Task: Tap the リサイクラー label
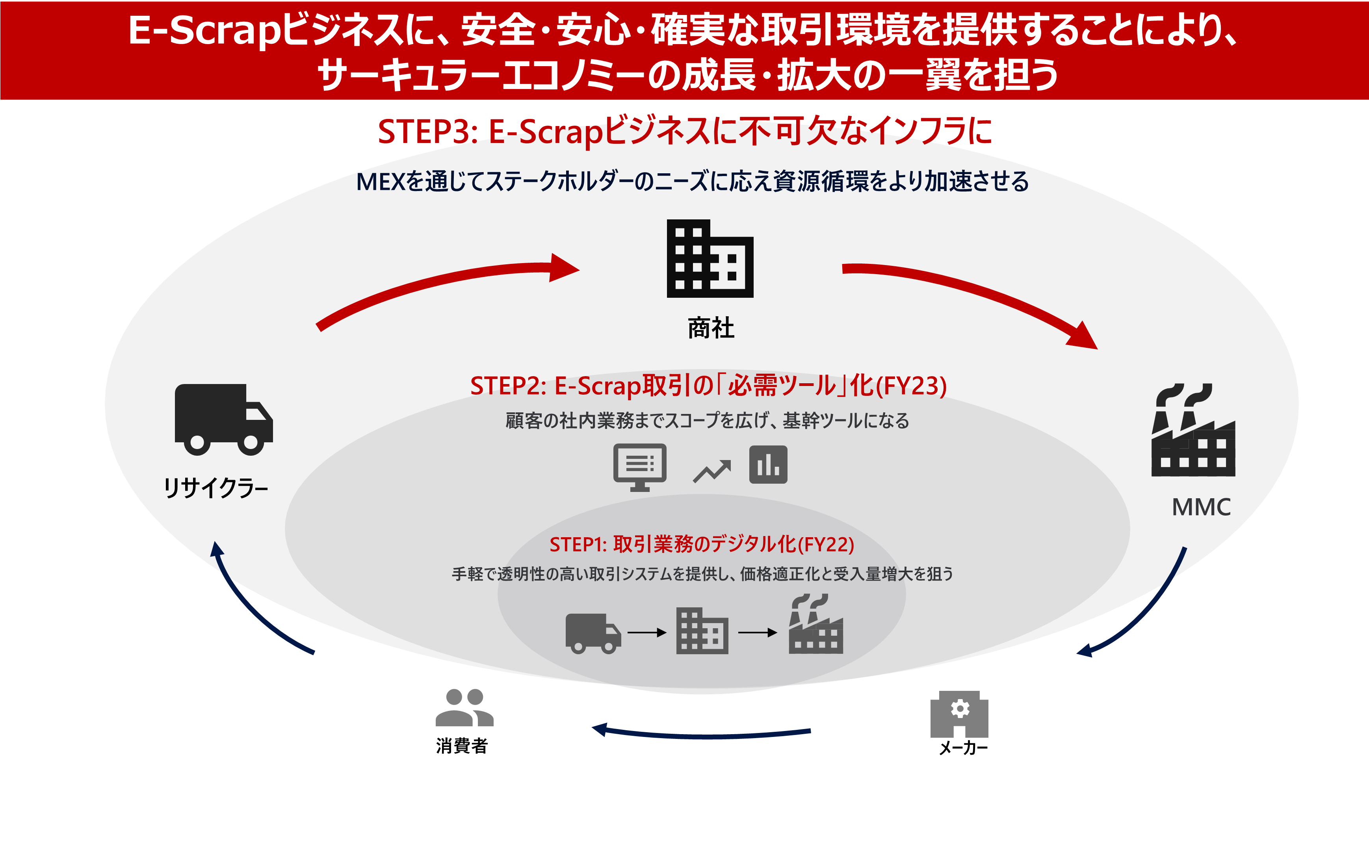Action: point(216,488)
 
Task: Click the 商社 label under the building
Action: point(711,328)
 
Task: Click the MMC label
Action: point(1201,507)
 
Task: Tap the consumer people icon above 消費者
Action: point(464,708)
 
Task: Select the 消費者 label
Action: point(462,746)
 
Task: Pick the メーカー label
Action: point(963,748)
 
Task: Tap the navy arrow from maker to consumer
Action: point(701,734)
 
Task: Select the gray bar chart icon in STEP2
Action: point(768,465)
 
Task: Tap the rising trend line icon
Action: point(712,471)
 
